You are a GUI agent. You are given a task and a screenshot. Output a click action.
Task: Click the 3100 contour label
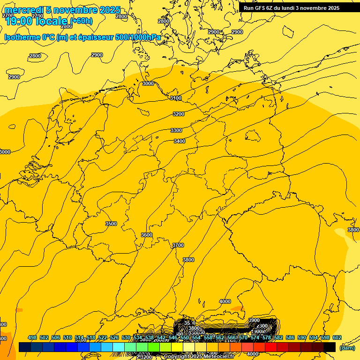(x=176, y=98)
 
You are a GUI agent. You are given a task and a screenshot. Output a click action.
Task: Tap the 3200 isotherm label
(x=179, y=114)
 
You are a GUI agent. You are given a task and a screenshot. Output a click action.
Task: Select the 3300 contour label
(x=176, y=130)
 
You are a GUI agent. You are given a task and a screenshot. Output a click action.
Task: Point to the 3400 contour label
(x=180, y=141)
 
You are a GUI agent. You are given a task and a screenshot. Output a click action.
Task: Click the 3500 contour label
(x=111, y=224)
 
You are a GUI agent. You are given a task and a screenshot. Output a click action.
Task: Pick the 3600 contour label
(x=147, y=235)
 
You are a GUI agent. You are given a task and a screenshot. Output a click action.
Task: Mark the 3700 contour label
(x=178, y=245)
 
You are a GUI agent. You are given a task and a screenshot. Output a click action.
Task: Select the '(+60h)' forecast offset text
(x=81, y=21)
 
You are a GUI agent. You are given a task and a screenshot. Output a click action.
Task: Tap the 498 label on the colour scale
(x=32, y=338)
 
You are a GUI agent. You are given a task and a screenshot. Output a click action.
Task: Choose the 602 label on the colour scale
(x=337, y=338)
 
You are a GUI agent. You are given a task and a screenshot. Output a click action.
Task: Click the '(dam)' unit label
(x=347, y=348)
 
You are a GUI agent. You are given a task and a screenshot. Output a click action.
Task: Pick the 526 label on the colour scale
(x=114, y=338)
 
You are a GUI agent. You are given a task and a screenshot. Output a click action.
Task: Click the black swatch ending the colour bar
(x=330, y=347)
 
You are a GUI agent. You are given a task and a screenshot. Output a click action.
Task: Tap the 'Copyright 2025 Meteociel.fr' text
(x=199, y=357)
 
